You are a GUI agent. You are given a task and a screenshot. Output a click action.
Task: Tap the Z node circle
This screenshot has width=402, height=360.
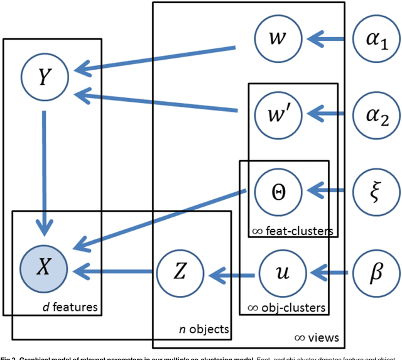180,273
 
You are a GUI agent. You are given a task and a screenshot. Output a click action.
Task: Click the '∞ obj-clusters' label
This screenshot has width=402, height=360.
284,307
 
